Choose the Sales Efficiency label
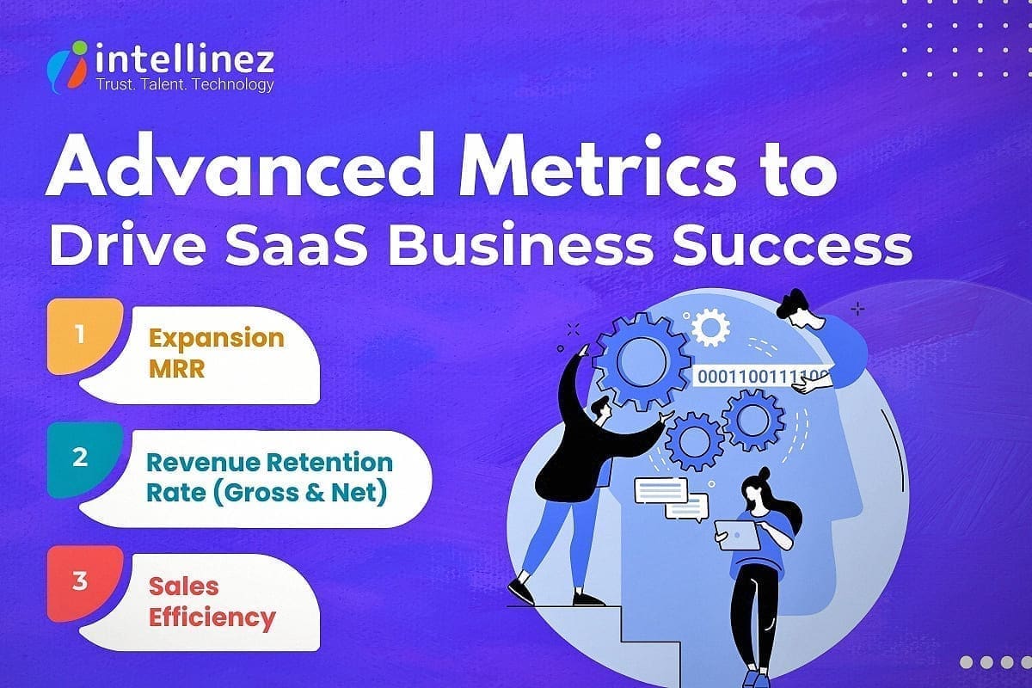[212, 602]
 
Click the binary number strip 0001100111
[762, 376]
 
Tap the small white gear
[710, 327]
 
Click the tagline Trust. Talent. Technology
[185, 84]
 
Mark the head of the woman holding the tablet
[757, 494]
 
